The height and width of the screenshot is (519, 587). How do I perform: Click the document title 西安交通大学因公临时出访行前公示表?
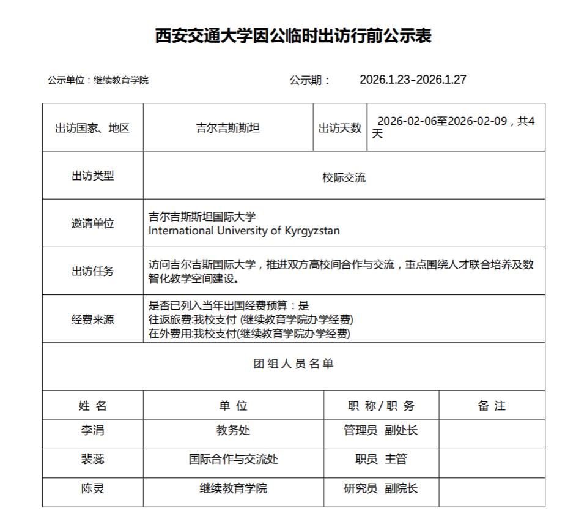pos(293,36)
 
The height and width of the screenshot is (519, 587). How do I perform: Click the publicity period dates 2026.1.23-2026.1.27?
pos(413,80)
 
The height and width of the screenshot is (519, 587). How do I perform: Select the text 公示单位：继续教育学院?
pos(98,80)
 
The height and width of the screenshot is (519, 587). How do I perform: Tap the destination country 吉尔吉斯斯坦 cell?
pos(228,129)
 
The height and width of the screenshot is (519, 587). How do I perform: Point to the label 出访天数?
pos(339,129)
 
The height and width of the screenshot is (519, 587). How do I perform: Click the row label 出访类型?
pos(93,176)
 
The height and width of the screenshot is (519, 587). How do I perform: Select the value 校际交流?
pos(344,178)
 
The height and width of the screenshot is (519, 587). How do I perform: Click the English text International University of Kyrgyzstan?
pos(244,231)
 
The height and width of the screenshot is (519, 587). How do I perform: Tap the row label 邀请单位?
pos(93,224)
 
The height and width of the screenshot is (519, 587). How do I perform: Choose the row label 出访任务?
pos(93,272)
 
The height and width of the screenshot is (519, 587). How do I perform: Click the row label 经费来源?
pos(93,319)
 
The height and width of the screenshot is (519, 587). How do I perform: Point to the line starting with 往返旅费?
pos(251,319)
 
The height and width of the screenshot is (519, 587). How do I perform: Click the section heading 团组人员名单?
pos(293,364)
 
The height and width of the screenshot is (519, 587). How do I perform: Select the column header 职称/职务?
pos(381,406)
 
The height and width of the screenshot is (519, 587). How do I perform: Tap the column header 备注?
pos(492,406)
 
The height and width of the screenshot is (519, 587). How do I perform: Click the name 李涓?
pos(93,430)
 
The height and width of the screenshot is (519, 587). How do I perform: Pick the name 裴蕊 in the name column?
pos(93,459)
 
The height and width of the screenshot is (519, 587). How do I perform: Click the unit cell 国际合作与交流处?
pos(234,459)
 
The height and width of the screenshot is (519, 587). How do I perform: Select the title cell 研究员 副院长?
pos(381,488)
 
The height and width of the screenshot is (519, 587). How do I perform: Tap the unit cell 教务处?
pos(234,430)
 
